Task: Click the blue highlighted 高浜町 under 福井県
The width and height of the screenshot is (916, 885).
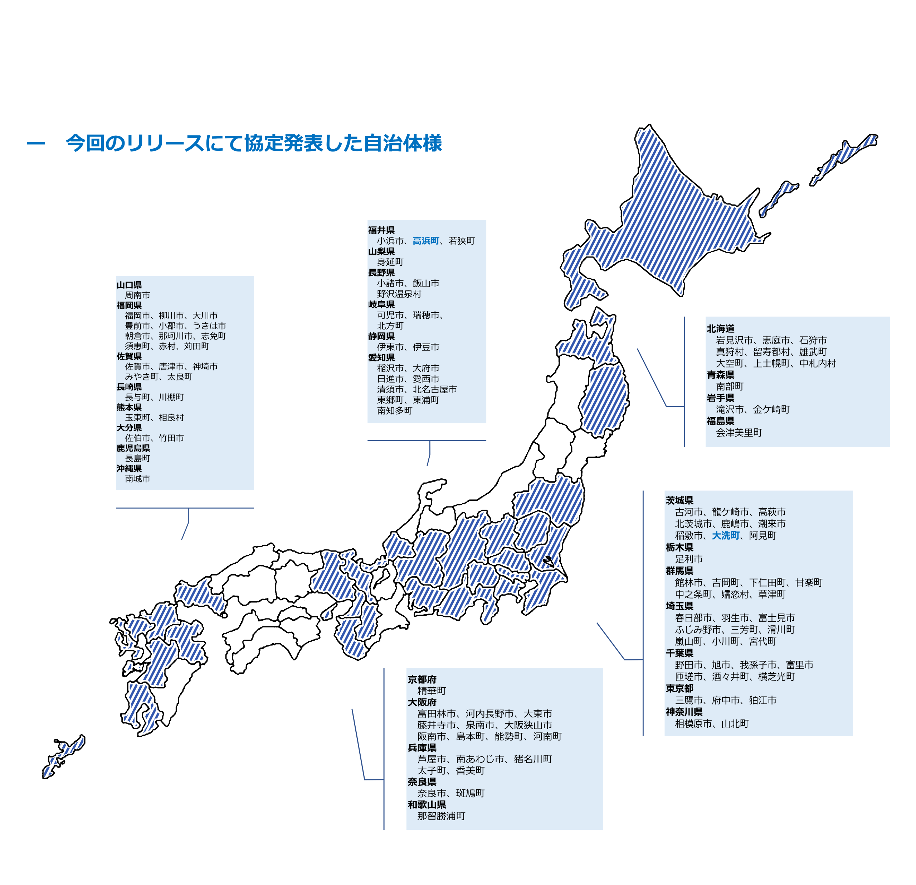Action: coord(425,241)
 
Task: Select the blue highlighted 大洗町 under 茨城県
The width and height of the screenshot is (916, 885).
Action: coord(725,535)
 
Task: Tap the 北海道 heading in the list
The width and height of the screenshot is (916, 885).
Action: coord(720,329)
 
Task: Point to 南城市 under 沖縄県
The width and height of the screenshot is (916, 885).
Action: coord(137,479)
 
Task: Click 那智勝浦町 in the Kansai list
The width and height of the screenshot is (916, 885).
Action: coord(441,816)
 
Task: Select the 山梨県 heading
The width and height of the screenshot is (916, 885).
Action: coord(381,252)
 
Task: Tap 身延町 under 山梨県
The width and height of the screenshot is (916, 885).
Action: coord(390,263)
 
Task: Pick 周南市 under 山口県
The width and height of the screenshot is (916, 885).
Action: coord(137,295)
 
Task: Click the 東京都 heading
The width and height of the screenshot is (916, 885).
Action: coord(679,688)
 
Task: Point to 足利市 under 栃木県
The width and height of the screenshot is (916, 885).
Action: coord(688,559)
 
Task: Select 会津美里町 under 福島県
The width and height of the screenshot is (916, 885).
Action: coord(739,433)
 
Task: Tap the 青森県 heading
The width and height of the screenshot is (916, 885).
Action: coord(720,375)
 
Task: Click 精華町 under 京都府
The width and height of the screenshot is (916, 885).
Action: coord(432,691)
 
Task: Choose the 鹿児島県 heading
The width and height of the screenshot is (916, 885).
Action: coord(133,448)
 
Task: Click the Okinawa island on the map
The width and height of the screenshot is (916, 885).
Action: coord(63,758)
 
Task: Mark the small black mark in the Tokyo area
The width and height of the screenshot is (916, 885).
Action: coord(548,561)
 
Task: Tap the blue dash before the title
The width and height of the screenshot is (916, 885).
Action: coord(36,144)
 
